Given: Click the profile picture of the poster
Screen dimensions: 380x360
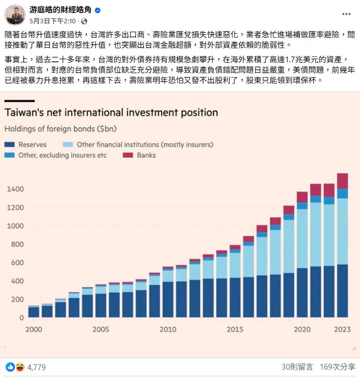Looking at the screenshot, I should pos(15,15).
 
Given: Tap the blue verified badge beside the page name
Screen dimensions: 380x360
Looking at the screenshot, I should pos(98,10).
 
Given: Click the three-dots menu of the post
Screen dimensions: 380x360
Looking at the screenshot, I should pos(346,14).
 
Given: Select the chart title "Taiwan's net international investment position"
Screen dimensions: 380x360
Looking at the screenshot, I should pos(111,113).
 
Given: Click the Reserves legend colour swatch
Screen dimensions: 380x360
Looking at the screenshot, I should pos(9,145).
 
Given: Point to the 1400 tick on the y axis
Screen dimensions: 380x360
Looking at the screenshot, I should pos(15,189).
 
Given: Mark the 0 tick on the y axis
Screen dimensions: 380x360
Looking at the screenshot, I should pos(22,317).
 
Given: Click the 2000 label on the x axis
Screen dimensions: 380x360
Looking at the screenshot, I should pos(34,329).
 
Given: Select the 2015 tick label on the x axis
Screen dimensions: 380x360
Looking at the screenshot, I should pos(235,329).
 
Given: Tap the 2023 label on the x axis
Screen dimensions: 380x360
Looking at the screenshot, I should pos(342,329).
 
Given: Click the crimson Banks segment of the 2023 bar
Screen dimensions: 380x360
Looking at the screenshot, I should pos(342,181).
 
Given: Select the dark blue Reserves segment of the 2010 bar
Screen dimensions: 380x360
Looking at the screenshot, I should pos(168,299).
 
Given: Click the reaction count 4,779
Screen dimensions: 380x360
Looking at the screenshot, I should pos(36,367).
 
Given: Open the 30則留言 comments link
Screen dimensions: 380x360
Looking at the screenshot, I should pos(297,367).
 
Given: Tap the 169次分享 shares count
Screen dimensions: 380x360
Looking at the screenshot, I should pos(338,367).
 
